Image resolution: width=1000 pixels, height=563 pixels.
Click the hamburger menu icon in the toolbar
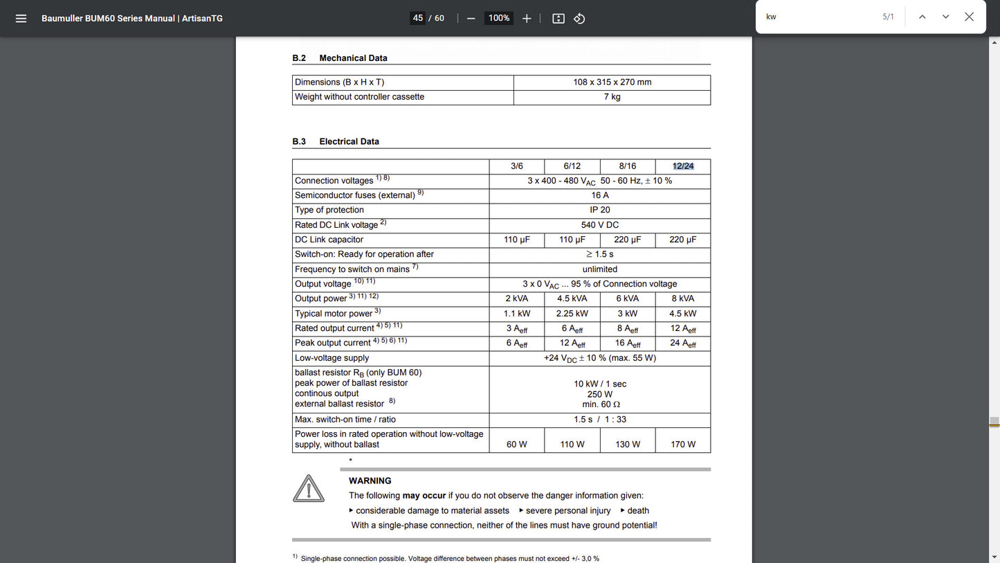(21, 18)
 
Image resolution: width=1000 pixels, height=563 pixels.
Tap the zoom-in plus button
(527, 18)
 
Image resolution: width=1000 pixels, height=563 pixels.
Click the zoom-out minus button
(471, 18)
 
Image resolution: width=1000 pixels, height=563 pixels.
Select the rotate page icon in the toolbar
(580, 18)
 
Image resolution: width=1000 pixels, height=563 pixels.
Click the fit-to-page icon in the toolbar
(558, 18)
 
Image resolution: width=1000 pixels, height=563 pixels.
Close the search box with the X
(969, 17)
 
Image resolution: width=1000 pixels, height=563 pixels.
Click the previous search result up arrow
(922, 17)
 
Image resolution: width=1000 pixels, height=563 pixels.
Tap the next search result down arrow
(945, 17)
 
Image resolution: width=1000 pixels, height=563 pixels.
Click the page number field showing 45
(417, 18)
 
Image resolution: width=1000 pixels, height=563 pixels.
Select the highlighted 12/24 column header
(683, 166)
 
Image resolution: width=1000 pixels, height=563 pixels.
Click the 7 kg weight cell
(612, 97)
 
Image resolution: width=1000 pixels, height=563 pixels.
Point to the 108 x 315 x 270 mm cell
(612, 82)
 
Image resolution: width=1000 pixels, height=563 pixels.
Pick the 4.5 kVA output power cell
(572, 298)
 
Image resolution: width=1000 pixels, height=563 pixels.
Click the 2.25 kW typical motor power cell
(572, 314)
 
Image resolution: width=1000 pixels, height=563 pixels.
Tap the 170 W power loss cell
(683, 444)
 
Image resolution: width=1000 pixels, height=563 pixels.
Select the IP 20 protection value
(600, 210)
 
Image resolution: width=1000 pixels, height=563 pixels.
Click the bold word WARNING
(370, 481)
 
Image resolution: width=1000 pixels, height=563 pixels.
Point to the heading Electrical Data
(349, 141)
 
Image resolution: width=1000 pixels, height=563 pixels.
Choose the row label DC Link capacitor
(329, 240)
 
